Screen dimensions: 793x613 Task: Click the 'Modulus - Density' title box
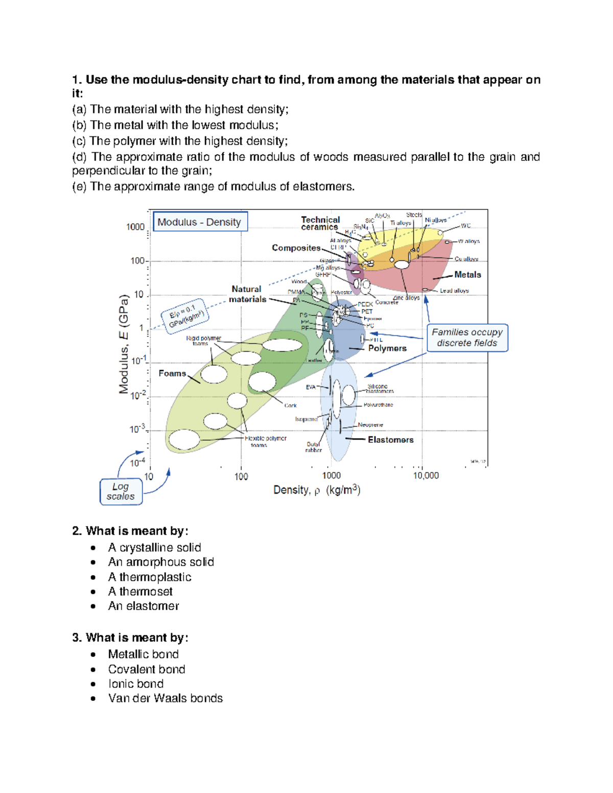click(200, 222)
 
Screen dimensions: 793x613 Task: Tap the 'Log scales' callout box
click(121, 492)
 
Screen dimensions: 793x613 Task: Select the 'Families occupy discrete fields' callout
click(467, 338)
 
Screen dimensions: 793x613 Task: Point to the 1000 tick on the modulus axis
click(136, 227)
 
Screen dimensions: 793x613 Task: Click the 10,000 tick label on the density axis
click(426, 476)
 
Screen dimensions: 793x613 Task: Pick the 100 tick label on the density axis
click(241, 476)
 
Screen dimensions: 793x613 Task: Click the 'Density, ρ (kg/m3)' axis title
click(317, 490)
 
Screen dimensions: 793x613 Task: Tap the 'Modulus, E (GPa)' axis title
click(124, 345)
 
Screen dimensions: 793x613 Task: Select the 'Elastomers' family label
click(390, 440)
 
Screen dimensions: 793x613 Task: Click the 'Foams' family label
click(172, 373)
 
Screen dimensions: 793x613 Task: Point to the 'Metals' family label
click(467, 275)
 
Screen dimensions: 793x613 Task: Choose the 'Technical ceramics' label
click(320, 223)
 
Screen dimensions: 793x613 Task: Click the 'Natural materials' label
click(247, 294)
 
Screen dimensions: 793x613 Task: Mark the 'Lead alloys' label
click(454, 291)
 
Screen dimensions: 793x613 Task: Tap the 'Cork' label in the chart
click(290, 405)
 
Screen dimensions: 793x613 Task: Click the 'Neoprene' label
click(370, 425)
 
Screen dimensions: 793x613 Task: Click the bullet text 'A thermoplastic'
click(150, 577)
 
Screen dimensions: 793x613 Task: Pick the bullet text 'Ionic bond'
click(136, 684)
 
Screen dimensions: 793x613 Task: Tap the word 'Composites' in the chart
click(296, 248)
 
